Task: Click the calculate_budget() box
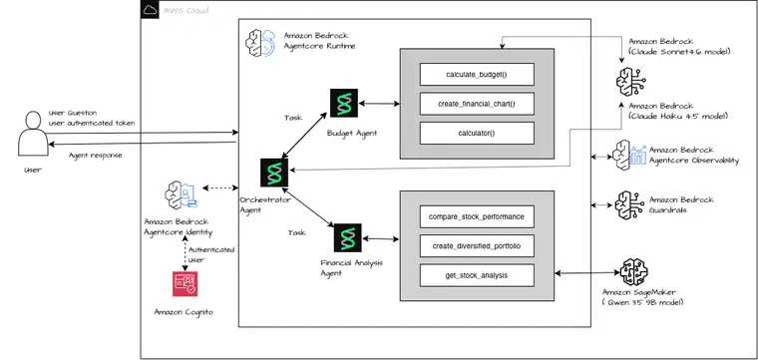(477, 75)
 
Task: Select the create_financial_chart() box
(477, 104)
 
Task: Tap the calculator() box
(477, 133)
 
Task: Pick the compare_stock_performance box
(477, 216)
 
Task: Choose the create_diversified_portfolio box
(477, 246)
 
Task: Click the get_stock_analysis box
(477, 275)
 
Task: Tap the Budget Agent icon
(344, 103)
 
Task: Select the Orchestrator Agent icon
(274, 173)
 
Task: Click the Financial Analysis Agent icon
(347, 237)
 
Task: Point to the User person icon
(33, 134)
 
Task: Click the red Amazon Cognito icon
(186, 283)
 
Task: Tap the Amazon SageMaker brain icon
(634, 271)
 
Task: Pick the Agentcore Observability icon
(629, 155)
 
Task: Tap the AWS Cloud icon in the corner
(150, 10)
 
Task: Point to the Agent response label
(95, 156)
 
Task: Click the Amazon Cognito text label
(184, 312)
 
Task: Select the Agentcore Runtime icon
(260, 43)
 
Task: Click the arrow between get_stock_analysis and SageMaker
(586, 273)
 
